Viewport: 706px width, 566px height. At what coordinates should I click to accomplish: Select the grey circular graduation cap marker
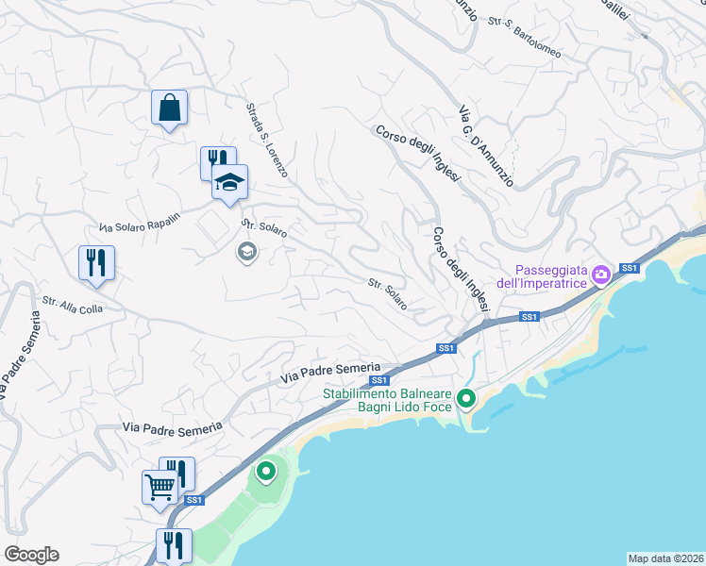246,252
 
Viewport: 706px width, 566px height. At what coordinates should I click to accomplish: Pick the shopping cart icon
160,488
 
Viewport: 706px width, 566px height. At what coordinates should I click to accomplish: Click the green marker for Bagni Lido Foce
465,399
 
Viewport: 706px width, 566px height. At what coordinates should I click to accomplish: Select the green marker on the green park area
266,470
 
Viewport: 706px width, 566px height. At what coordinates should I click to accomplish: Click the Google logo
31,555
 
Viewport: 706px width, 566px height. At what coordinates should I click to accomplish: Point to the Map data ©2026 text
665,558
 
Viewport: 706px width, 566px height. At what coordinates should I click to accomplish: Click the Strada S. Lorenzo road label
267,141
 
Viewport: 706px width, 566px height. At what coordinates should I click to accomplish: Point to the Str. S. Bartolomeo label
525,37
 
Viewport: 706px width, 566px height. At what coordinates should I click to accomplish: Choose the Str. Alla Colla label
72,305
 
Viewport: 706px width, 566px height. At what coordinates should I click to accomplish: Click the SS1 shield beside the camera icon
630,269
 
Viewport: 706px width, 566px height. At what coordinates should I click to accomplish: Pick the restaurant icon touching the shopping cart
177,472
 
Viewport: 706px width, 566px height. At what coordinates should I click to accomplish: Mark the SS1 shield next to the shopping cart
193,499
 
